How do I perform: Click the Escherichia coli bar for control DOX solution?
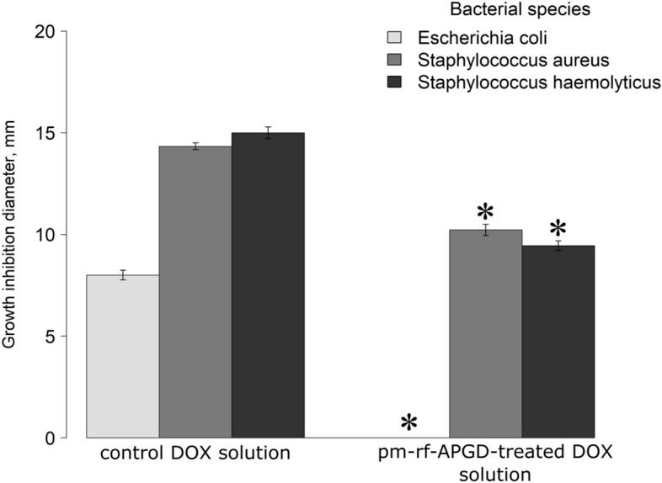coord(123,356)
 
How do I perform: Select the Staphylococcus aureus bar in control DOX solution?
coord(195,292)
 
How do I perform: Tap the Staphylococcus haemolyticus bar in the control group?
coord(268,285)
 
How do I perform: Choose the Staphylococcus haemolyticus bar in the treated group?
coord(558,342)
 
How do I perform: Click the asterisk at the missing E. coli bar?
coord(409,423)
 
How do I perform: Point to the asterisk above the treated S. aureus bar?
coord(485,212)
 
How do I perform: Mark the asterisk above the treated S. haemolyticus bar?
coord(558,228)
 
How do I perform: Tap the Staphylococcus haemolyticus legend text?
coord(539,82)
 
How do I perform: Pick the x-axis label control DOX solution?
coord(195,454)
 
